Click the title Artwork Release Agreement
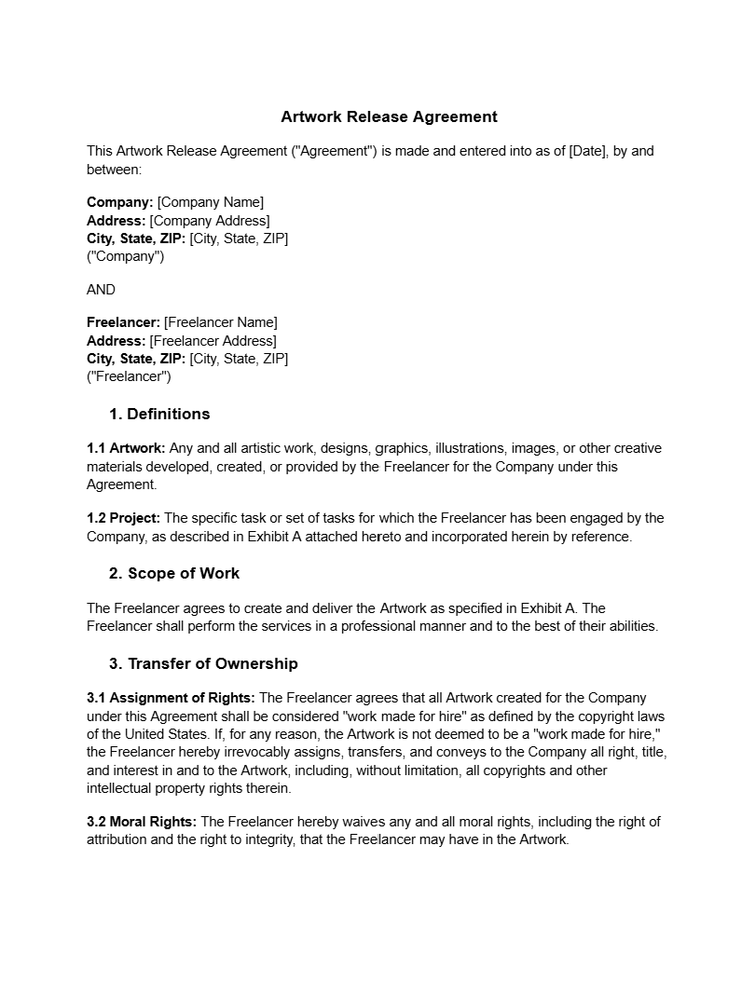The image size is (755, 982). pyautogui.click(x=389, y=116)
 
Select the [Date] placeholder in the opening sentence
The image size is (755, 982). pyautogui.click(x=586, y=151)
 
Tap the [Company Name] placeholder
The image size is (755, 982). pyautogui.click(x=211, y=202)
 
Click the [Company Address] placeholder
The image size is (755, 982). pyautogui.click(x=210, y=221)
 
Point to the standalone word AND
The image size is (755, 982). pyautogui.click(x=101, y=290)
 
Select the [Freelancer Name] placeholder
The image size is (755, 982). pyautogui.click(x=220, y=322)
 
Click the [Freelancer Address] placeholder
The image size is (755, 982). pyautogui.click(x=213, y=341)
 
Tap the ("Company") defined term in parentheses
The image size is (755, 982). pyautogui.click(x=125, y=257)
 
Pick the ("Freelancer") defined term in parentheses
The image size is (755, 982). pyautogui.click(x=129, y=377)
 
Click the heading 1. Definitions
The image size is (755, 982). pyautogui.click(x=159, y=414)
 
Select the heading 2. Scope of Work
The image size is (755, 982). pyautogui.click(x=174, y=573)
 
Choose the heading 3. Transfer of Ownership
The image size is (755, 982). pyautogui.click(x=203, y=663)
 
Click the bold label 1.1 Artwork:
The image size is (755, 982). pyautogui.click(x=126, y=448)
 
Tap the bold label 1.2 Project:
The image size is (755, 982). pyautogui.click(x=123, y=518)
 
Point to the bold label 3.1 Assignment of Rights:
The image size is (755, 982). pyautogui.click(x=171, y=698)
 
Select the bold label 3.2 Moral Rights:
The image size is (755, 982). pyautogui.click(x=142, y=822)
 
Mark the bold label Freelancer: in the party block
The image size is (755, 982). pyautogui.click(x=123, y=322)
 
